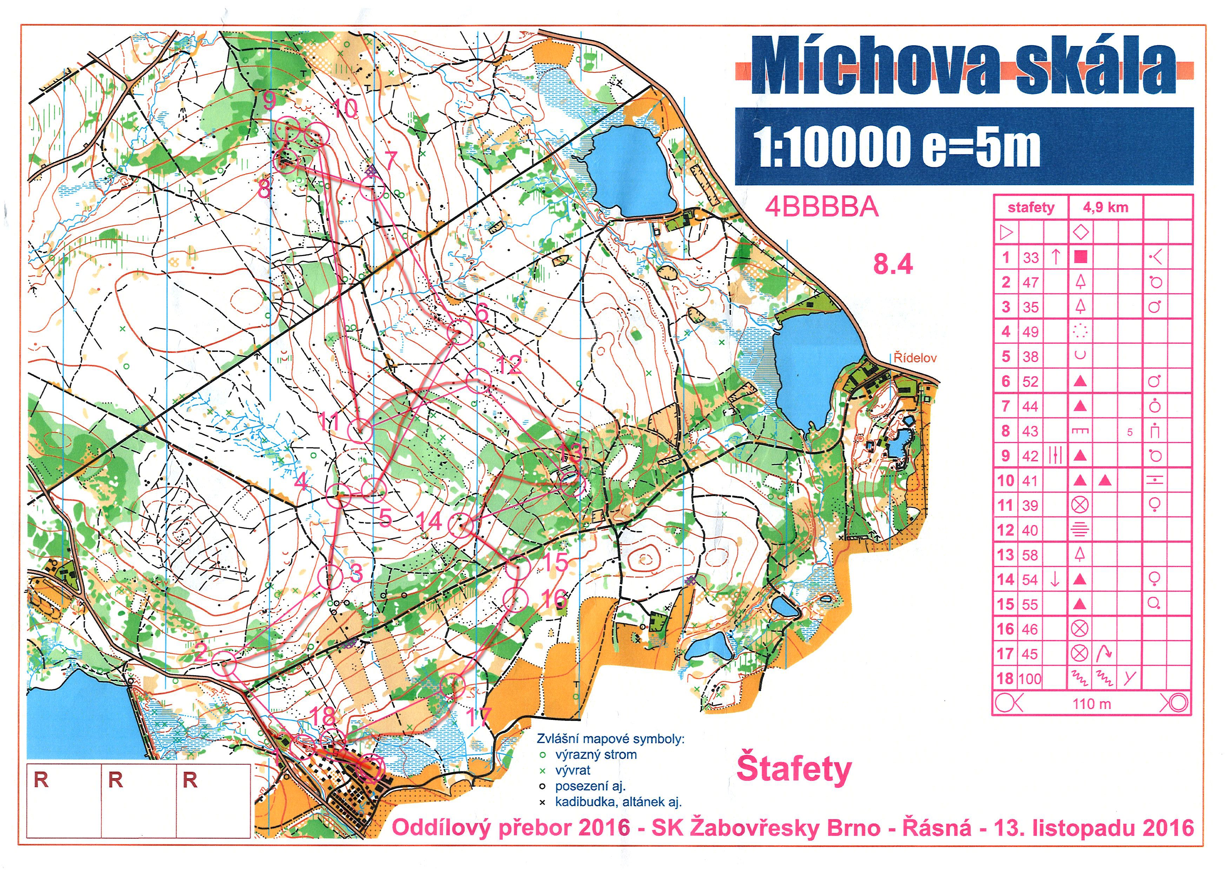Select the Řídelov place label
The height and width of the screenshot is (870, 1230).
[x=915, y=358]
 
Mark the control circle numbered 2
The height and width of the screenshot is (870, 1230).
[x=224, y=664]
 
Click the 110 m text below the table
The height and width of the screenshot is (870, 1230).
[x=1092, y=703]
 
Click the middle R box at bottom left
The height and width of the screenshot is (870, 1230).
[x=139, y=800]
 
